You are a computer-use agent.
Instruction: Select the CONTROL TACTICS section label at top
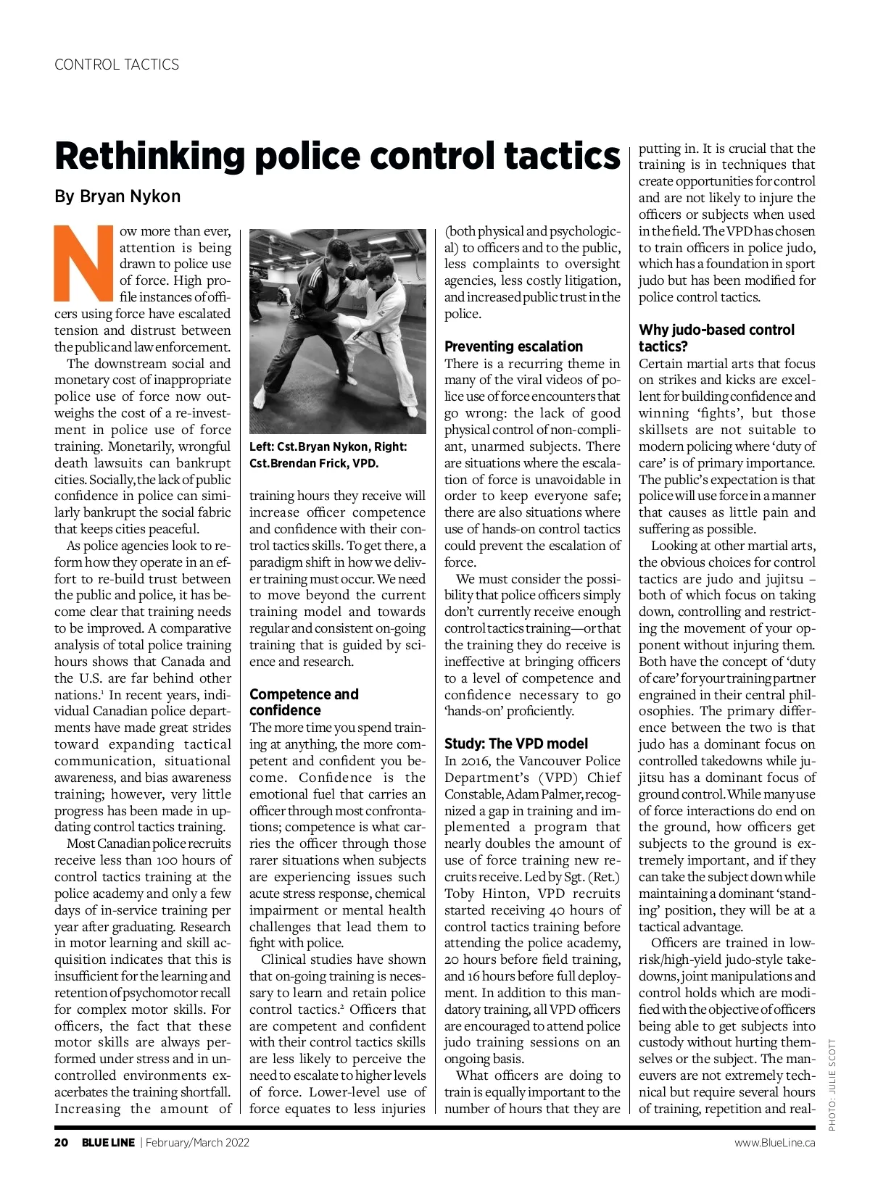(117, 64)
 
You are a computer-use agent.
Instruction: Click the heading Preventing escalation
(513, 346)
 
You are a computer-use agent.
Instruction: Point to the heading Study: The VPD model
(515, 744)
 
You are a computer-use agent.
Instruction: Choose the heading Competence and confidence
(304, 702)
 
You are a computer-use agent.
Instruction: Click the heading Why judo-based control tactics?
(716, 338)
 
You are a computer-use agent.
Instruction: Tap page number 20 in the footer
(62, 1143)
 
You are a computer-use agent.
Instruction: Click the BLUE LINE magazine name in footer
(107, 1143)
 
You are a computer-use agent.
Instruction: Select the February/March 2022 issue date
(197, 1143)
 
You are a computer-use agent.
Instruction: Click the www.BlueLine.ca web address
(774, 1143)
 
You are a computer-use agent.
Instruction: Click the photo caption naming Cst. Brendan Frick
(313, 463)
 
